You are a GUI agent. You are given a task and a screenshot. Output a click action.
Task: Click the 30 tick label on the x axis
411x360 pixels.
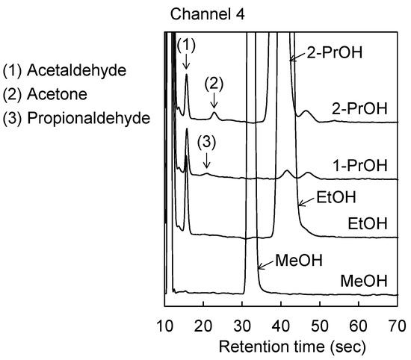point(242,323)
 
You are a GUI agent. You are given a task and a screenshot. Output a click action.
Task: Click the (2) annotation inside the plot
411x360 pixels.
point(214,84)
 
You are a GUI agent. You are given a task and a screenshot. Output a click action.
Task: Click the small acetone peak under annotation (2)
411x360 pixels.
point(214,114)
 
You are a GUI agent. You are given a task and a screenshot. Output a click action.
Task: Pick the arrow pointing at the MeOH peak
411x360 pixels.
point(262,267)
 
